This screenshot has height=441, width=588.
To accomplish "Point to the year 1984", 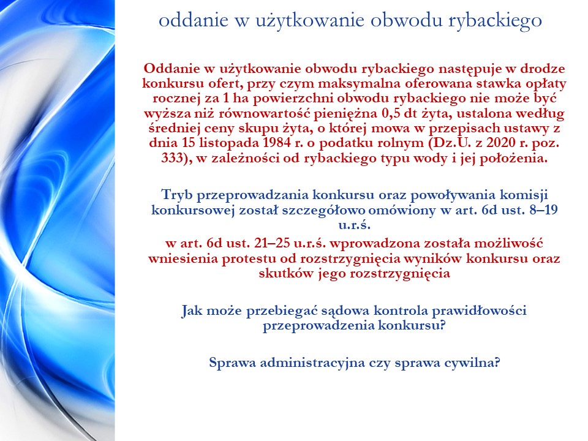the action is (277, 143).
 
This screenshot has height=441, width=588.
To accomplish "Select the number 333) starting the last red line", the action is (176, 158).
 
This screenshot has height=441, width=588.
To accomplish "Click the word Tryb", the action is (177, 195).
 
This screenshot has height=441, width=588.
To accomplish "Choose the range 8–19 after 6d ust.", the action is (544, 209).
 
